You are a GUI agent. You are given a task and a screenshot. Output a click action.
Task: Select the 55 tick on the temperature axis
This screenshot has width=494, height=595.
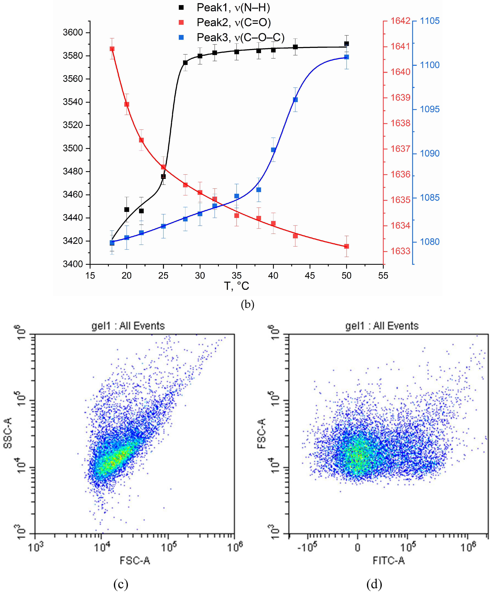tap(383, 275)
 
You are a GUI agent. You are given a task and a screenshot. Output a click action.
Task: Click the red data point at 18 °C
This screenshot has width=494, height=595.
tap(112, 49)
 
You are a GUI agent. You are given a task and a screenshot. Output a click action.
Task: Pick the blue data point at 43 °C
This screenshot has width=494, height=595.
tap(295, 100)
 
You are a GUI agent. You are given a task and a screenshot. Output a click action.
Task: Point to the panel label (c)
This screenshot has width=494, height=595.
tap(121, 584)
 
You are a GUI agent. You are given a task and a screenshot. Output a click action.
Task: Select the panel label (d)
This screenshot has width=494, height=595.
tap(374, 584)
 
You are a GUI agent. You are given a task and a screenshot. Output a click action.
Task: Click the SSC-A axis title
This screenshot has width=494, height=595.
tap(8, 433)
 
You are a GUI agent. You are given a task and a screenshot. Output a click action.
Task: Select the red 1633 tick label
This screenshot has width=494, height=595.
tap(400, 251)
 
